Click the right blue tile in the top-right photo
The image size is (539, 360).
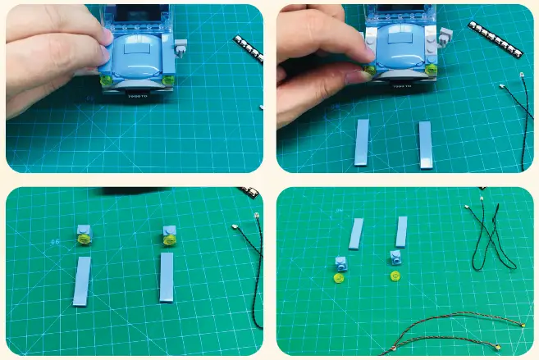coord(425,144)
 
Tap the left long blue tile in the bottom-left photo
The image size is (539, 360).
coord(82,280)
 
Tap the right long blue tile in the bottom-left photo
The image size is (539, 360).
coord(167,278)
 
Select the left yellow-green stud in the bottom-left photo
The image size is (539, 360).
coord(84,239)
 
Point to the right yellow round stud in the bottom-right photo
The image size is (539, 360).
coord(395,274)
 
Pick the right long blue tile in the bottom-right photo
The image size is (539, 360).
coord(401,231)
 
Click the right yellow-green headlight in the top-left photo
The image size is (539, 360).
coord(167,80)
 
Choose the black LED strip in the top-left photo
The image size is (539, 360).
coord(249,48)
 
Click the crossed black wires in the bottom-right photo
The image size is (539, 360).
coord(491,237)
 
